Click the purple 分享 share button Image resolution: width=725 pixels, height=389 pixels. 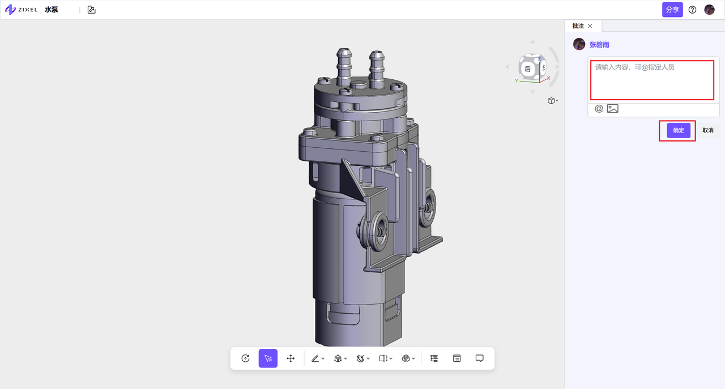point(672,10)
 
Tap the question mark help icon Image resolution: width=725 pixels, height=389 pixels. point(692,10)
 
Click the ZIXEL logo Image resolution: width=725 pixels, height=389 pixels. point(22,10)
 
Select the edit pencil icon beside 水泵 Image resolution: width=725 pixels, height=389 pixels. point(92,10)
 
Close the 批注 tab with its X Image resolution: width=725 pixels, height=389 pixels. point(590,26)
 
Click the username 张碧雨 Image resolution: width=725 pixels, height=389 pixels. point(599,45)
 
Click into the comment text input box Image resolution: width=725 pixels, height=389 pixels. point(652,80)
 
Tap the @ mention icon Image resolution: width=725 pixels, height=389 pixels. point(599,108)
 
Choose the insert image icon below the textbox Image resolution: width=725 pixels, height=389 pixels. point(612,108)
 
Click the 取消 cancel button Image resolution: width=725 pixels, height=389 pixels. point(708,130)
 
